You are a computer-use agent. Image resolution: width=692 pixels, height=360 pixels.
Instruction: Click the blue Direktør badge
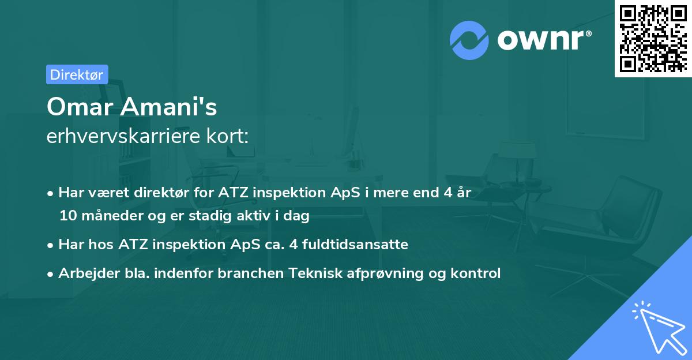pos(77,74)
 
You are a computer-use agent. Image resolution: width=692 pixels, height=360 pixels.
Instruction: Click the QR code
pos(652,38)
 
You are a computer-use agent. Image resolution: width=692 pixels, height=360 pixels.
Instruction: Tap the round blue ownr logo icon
pos(469,40)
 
